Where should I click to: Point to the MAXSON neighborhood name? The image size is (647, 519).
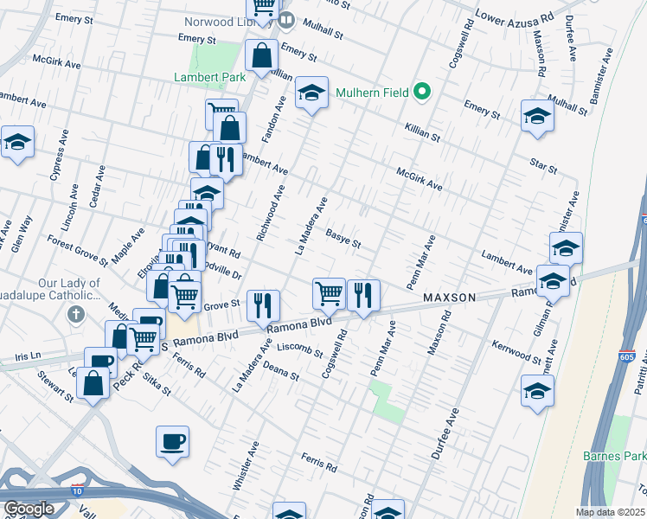click(x=449, y=298)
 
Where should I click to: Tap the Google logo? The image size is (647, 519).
click(x=29, y=509)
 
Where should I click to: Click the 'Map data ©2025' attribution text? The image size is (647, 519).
click(x=611, y=512)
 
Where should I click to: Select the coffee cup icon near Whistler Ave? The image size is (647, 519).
click(x=172, y=441)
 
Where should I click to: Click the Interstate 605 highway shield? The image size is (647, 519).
click(x=628, y=356)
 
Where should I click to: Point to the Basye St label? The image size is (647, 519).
click(x=343, y=237)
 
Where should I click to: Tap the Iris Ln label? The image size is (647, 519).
click(x=22, y=356)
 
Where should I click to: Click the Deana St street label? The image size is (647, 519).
click(x=282, y=373)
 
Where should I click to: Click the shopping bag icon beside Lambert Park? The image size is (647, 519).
click(x=261, y=55)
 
